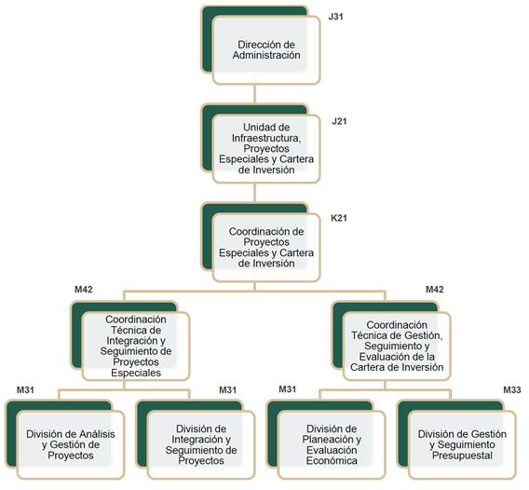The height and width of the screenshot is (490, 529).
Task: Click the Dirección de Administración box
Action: coord(266,50)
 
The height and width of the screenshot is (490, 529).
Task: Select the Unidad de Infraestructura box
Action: coord(266,148)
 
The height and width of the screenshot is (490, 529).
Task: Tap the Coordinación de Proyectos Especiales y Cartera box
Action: coord(266,248)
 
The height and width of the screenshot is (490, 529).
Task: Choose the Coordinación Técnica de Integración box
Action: coord(136,346)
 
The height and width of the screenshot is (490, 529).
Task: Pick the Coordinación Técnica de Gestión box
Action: coord(397,346)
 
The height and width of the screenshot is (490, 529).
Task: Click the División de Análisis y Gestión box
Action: coord(71,444)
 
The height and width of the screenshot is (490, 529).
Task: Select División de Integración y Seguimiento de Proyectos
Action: coord(201,444)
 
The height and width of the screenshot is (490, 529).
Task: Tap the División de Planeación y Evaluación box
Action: coord(332,444)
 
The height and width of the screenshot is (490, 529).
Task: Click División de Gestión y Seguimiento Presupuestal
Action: coord(462,444)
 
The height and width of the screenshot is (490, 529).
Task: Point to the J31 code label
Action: coord(335,17)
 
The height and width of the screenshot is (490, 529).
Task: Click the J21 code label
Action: coord(339,121)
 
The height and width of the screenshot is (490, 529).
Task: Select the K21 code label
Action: coord(339,218)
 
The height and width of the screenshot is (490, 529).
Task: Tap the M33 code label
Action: coord(512,389)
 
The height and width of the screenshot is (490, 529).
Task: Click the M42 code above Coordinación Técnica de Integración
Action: coord(84,289)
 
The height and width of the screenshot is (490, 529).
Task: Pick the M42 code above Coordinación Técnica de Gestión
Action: coord(435,289)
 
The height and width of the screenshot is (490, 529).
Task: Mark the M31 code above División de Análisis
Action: coord(26,389)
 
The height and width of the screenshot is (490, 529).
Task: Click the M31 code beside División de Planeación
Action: coord(288,389)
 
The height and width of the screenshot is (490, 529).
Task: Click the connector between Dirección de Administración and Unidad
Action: coord(254,94)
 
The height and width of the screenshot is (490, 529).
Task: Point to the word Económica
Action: coord(332,460)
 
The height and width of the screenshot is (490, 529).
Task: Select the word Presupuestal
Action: coord(462,456)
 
